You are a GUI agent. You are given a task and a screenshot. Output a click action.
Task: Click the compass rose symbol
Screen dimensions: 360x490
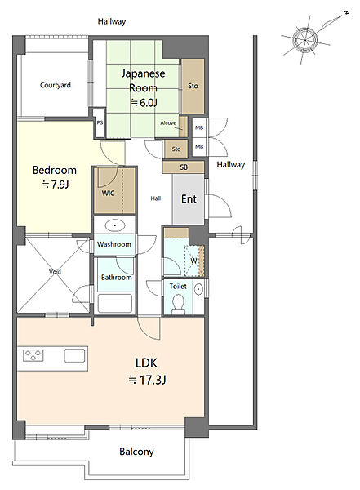pos(305,40)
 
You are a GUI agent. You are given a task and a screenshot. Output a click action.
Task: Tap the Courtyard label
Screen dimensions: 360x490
pos(56,85)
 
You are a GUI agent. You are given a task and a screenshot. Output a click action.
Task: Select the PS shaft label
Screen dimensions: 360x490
pos(100,122)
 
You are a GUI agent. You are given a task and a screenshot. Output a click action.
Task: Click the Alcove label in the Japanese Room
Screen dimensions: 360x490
pos(168,123)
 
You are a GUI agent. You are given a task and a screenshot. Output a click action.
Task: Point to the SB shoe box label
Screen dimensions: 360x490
pos(184,167)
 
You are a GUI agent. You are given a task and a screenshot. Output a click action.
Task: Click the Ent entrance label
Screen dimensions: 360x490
pos(189,198)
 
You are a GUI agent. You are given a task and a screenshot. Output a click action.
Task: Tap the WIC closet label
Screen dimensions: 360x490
pos(108,193)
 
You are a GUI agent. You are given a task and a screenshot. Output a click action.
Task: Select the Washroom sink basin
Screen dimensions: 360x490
pos(115,225)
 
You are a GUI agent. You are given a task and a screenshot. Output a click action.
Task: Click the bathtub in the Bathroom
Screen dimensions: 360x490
pos(114,303)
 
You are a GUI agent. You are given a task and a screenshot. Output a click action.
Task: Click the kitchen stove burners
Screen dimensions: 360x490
pos(33,355)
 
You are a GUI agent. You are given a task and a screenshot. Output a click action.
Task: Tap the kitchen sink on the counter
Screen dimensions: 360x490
pos(74,355)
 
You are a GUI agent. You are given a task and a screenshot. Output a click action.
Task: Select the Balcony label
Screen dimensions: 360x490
pos(136,452)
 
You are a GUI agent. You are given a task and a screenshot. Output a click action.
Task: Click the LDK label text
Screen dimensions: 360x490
pos(146,363)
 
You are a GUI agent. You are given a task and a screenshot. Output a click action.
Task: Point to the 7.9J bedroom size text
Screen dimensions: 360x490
pos(56,185)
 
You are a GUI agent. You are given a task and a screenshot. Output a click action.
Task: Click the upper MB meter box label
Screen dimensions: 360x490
pos(199,127)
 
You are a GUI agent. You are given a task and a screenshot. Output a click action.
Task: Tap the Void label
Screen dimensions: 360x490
pos(55,272)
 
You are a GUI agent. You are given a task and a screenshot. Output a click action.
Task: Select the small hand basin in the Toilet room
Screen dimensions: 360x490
pos(198,289)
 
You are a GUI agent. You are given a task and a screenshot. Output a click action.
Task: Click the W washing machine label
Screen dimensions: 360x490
pos(193,261)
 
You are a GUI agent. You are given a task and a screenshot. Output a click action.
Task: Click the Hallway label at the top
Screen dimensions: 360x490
pos(112,21)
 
